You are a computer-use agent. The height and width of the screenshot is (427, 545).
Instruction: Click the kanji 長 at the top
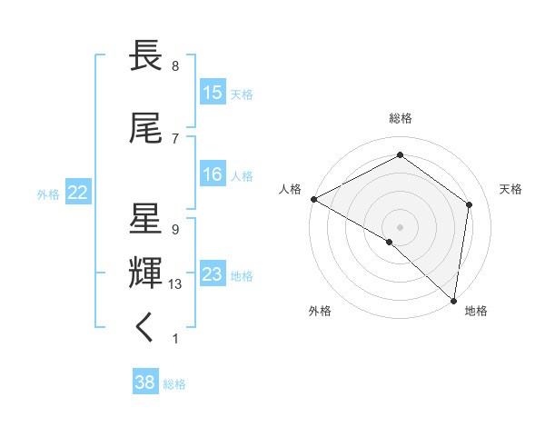tap(146, 56)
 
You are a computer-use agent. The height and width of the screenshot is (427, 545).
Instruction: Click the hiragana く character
tap(145, 329)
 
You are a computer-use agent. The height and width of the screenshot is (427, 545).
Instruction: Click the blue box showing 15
tap(213, 93)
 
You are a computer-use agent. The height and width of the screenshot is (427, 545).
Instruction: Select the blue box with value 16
tap(213, 174)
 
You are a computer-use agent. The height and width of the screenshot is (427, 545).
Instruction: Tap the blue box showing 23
tap(213, 274)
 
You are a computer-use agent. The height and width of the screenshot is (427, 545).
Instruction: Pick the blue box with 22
tap(77, 193)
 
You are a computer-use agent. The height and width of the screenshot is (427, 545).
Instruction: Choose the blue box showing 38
tap(145, 383)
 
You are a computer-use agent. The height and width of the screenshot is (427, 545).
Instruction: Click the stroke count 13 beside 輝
tap(175, 284)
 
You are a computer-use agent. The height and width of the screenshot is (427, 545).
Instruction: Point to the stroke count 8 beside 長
tap(174, 66)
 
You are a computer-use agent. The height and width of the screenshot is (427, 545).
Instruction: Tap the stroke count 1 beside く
tap(174, 339)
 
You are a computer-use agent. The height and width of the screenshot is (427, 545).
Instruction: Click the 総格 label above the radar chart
tap(401, 118)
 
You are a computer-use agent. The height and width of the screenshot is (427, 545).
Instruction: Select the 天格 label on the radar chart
tap(510, 189)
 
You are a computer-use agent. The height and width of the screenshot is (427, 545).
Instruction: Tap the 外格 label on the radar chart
tap(320, 311)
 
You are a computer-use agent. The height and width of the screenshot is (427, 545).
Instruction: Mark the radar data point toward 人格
tap(313, 199)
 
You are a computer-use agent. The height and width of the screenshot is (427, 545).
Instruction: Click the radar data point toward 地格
tap(452, 299)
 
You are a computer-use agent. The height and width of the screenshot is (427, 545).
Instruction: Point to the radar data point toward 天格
tap(470, 204)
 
